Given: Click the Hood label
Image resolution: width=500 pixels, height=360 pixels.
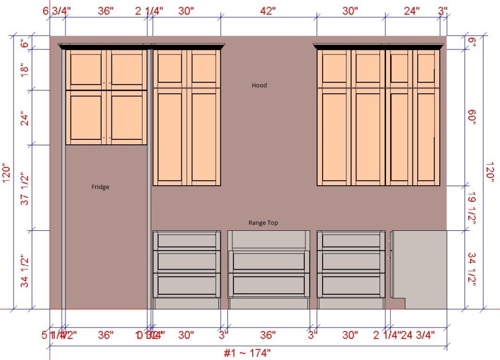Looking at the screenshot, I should coord(259,85).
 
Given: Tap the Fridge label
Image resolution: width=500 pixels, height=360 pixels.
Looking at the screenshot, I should coord(101,187).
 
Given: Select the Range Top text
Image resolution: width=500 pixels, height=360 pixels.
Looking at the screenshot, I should coord(263,222).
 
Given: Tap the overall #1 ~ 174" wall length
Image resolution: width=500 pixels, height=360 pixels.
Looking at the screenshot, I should coord(247,353).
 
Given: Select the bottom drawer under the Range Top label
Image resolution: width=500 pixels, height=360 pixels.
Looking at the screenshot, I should coord(269,284).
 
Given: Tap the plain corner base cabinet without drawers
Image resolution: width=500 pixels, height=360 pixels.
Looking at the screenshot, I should coord(419,264).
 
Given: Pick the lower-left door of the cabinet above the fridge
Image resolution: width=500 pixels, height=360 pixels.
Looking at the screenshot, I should coord(87,117).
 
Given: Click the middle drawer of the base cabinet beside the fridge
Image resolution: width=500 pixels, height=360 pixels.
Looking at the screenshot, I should coord(187,261).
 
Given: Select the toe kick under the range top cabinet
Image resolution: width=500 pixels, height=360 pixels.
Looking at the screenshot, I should coord(269,303).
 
